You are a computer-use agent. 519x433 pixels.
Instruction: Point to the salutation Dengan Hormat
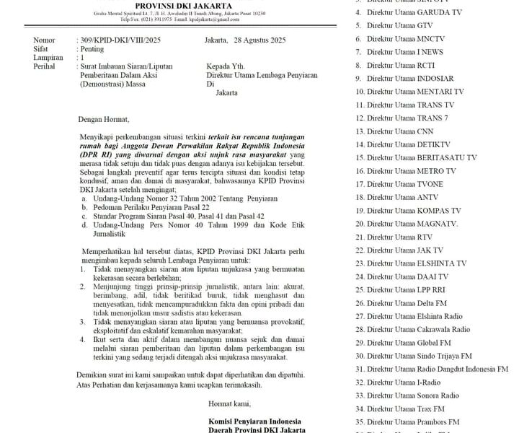[103, 119]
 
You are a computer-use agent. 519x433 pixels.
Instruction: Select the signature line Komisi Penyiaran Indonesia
[255, 420]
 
